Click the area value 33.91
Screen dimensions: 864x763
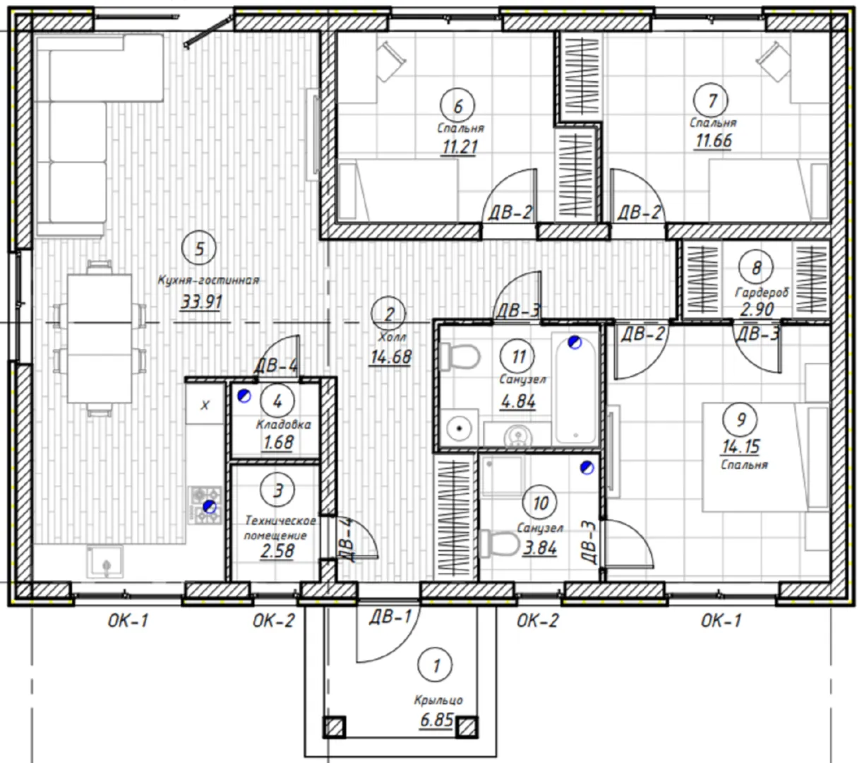(201, 302)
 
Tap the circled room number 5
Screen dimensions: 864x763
(199, 248)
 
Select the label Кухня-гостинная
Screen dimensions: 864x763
(208, 280)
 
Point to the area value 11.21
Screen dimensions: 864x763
(460, 148)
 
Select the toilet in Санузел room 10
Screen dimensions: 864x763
(498, 543)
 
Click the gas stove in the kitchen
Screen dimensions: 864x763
(205, 506)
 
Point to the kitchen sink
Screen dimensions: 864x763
(105, 562)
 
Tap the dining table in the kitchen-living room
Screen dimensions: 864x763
(100, 338)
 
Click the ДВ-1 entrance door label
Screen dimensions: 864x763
(390, 617)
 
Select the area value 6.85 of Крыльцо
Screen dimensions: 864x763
(436, 721)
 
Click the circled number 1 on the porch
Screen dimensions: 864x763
(436, 666)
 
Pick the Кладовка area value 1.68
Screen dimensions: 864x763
(278, 442)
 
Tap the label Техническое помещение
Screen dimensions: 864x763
(280, 528)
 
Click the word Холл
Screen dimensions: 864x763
(392, 337)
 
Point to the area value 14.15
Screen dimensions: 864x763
(741, 446)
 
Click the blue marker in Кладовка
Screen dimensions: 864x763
(244, 396)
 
